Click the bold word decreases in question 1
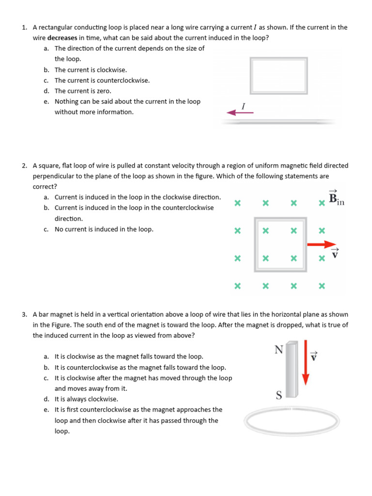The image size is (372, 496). coord(62,38)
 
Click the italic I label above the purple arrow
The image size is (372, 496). coord(244,105)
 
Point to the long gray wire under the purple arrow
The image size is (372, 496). coord(279,122)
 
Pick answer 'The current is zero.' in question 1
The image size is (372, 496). coord(83,91)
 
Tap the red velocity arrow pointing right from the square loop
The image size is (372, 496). coord(321,244)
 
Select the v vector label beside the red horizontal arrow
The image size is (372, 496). coord(335,253)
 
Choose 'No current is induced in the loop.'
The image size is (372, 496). coord(104,229)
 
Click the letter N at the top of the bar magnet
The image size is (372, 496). coord(279,349)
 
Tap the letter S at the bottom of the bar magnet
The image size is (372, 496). coord(279,396)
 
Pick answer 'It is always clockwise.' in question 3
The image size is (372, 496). coord(86,399)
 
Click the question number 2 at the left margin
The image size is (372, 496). coord(24,166)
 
